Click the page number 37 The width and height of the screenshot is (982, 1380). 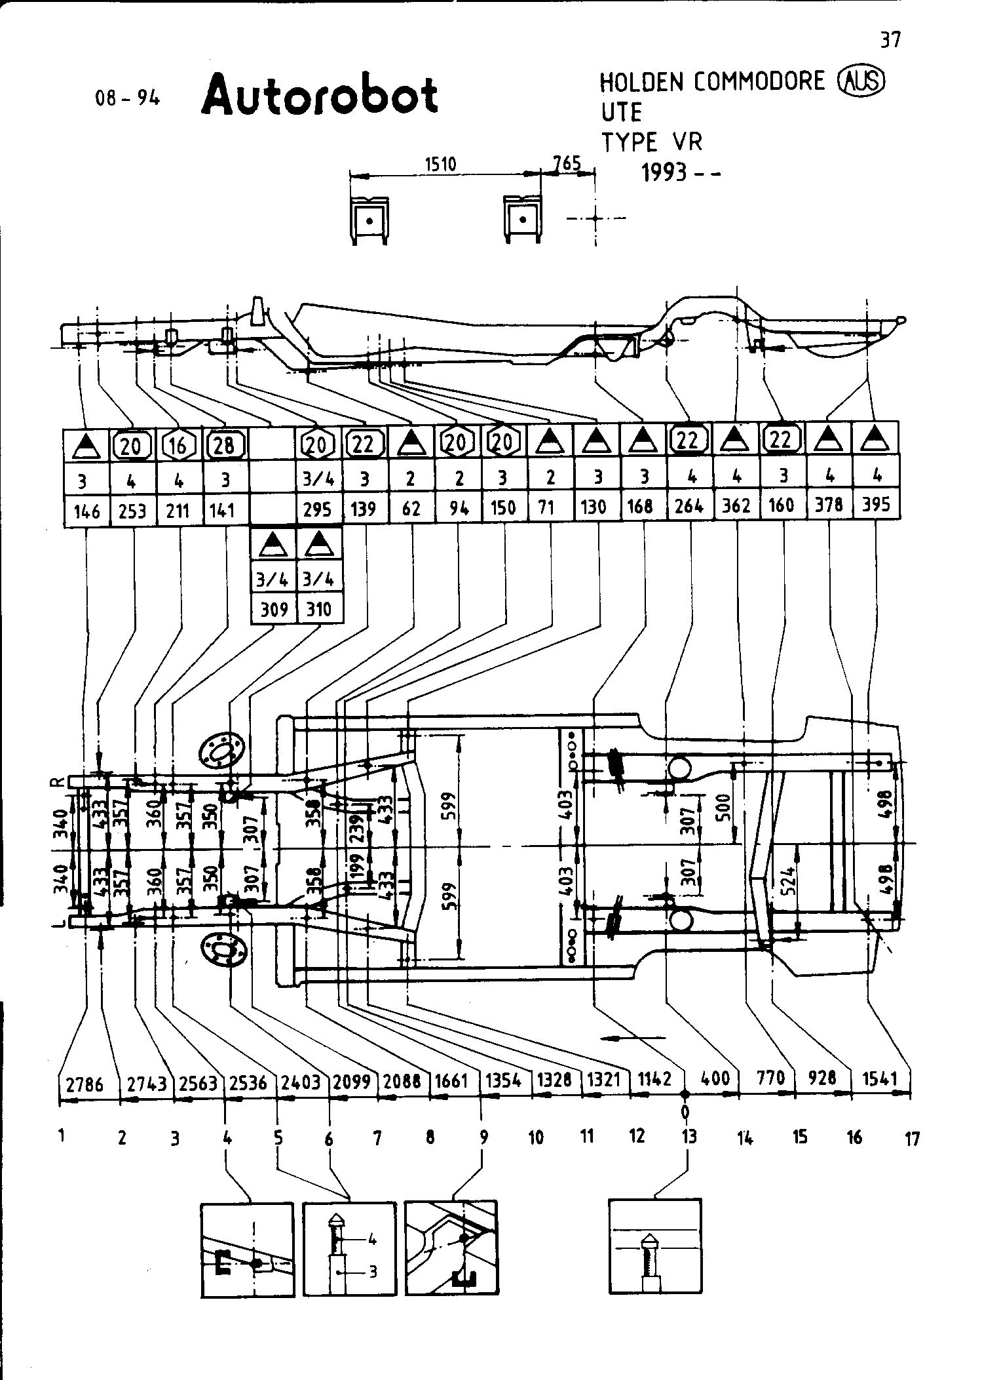click(890, 41)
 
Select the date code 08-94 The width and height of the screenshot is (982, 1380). click(127, 99)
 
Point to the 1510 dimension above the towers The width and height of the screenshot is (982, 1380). click(440, 164)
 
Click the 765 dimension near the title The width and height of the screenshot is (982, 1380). click(567, 163)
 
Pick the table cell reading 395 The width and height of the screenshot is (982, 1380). click(876, 505)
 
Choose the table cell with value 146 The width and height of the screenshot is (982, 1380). click(87, 510)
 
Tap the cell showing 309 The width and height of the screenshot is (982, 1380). click(274, 609)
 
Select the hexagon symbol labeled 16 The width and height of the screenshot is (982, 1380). click(178, 446)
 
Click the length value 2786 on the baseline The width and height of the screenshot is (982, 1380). click(86, 1084)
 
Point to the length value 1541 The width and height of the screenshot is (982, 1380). click(880, 1078)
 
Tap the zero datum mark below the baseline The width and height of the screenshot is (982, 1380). click(685, 1111)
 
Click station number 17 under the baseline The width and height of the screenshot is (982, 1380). click(912, 1139)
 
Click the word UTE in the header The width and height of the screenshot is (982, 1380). click(622, 113)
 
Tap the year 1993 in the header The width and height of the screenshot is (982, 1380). click(664, 173)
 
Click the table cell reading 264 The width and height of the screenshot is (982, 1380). click(689, 505)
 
